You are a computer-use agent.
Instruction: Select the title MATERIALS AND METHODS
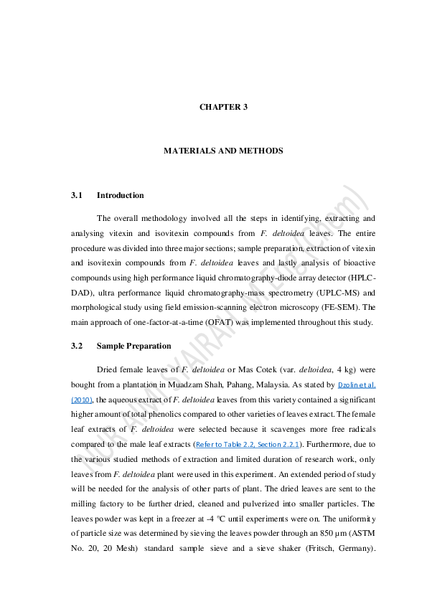pyautogui.click(x=223, y=151)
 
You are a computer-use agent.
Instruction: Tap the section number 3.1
pyautogui.click(x=78, y=195)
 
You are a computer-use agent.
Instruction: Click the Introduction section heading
pyautogui.click(x=120, y=195)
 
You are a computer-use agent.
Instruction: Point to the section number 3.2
pyautogui.click(x=78, y=346)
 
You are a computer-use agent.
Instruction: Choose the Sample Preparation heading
pyautogui.click(x=133, y=346)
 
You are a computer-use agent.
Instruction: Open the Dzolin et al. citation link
pyautogui.click(x=356, y=384)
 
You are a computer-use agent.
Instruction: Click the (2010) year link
pyautogui.click(x=81, y=399)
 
